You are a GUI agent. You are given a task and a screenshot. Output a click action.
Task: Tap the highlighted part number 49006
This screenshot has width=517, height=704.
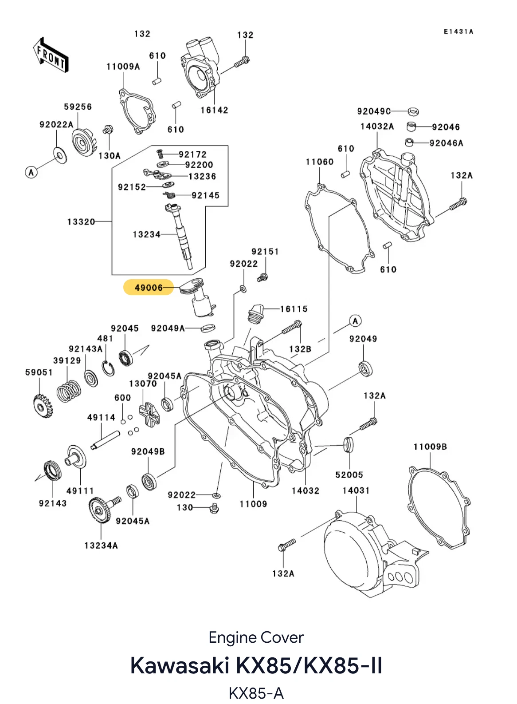[x=149, y=287]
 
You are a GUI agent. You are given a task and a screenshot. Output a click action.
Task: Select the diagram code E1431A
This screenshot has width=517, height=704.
[x=458, y=32]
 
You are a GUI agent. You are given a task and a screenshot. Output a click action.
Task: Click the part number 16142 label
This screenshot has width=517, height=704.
[x=215, y=111]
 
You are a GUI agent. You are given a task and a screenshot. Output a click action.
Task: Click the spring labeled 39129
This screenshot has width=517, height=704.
[x=69, y=392]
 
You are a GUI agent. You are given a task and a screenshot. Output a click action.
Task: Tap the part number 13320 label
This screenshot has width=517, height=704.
[x=81, y=222]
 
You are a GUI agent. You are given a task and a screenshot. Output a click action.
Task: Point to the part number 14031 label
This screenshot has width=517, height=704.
[x=356, y=490]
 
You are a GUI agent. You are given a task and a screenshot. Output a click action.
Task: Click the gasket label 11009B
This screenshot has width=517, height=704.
[x=430, y=447]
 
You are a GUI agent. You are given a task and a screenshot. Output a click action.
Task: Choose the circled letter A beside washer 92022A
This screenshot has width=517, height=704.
[x=31, y=172]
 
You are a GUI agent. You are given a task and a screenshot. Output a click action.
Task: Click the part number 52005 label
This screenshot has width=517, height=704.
[x=349, y=475]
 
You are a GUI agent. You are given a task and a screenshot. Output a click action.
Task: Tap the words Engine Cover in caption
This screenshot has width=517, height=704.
[x=256, y=637]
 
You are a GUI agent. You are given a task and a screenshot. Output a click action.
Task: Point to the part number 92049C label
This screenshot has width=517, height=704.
[x=374, y=111]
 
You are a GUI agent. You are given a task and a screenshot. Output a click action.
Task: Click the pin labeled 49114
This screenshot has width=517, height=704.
[x=106, y=440]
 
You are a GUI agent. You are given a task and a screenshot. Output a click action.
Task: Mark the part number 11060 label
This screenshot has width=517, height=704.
[x=320, y=162]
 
